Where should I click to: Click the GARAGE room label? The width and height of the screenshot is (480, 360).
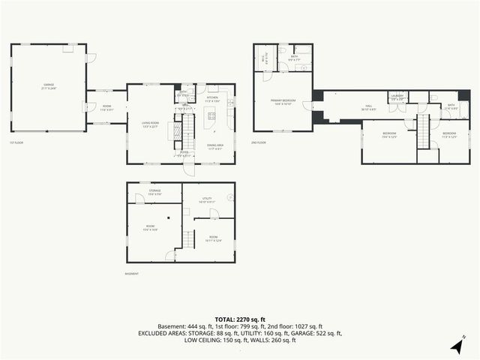49,85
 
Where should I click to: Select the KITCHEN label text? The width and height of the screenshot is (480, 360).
212,97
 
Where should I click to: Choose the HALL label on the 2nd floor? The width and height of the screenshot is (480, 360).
369,106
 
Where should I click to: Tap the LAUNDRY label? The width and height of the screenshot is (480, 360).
397,96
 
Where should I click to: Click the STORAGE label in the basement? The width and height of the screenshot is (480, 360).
154,191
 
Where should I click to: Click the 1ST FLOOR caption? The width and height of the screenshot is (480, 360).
17,142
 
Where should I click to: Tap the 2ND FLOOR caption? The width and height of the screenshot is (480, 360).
259,142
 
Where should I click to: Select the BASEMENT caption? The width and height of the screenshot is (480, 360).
132,274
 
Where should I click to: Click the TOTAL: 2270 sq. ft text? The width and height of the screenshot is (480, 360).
239,319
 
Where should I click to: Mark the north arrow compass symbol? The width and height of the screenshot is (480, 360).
456,345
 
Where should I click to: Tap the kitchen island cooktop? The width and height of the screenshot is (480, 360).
211,116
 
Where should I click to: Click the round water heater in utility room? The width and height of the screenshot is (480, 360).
231,198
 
